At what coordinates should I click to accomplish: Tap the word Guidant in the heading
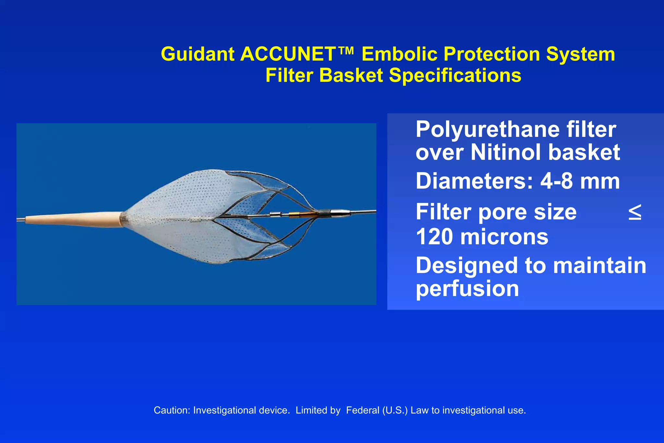click(x=197, y=54)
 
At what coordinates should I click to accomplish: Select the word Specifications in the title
click(x=455, y=76)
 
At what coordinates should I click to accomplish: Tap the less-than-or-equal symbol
click(x=634, y=213)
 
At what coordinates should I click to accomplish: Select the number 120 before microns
click(x=434, y=237)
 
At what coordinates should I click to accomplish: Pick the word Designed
click(x=467, y=266)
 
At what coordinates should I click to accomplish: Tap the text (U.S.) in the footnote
click(x=395, y=411)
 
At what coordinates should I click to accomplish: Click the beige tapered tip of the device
click(x=75, y=219)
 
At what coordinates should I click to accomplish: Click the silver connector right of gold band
click(x=339, y=213)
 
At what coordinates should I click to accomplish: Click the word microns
click(x=504, y=237)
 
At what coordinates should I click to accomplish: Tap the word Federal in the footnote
click(x=362, y=411)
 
